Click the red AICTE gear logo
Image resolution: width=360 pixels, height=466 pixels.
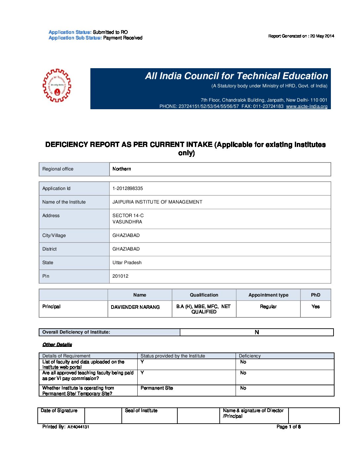pyautogui.click(x=57, y=85)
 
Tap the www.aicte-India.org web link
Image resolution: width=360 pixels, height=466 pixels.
pyautogui.click(x=307, y=106)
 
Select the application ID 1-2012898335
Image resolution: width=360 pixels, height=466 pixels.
pyautogui.click(x=128, y=188)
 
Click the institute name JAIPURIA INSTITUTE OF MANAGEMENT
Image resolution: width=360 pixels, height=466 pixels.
pyautogui.click(x=157, y=202)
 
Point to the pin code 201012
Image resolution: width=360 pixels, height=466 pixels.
pyautogui.click(x=120, y=276)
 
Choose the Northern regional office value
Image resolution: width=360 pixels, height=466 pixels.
pyautogui.click(x=122, y=169)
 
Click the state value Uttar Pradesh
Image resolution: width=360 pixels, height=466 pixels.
pyautogui.click(x=127, y=262)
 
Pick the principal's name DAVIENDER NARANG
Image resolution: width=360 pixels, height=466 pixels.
pyautogui.click(x=135, y=307)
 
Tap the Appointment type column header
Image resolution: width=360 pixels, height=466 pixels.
pyautogui.click(x=268, y=295)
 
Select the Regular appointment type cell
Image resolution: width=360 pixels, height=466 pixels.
pyautogui.click(x=268, y=306)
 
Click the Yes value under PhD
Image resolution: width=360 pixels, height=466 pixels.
pyautogui.click(x=316, y=306)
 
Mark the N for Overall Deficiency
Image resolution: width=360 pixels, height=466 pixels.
pyautogui.click(x=257, y=332)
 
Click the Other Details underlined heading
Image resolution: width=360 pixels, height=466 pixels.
pyautogui.click(x=57, y=345)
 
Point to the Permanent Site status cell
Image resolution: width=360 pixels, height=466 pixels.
pyautogui.click(x=157, y=388)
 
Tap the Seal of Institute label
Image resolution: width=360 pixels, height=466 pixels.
pyautogui.click(x=141, y=410)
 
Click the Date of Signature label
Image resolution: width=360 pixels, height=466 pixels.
pyautogui.click(x=59, y=410)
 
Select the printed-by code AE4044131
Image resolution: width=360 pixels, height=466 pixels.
pyautogui.click(x=78, y=427)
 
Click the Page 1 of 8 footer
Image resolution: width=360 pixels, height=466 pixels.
pyautogui.click(x=289, y=427)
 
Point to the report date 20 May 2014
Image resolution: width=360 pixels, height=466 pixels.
pyautogui.click(x=322, y=36)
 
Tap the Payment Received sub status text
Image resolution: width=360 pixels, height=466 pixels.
pyautogui.click(x=123, y=38)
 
